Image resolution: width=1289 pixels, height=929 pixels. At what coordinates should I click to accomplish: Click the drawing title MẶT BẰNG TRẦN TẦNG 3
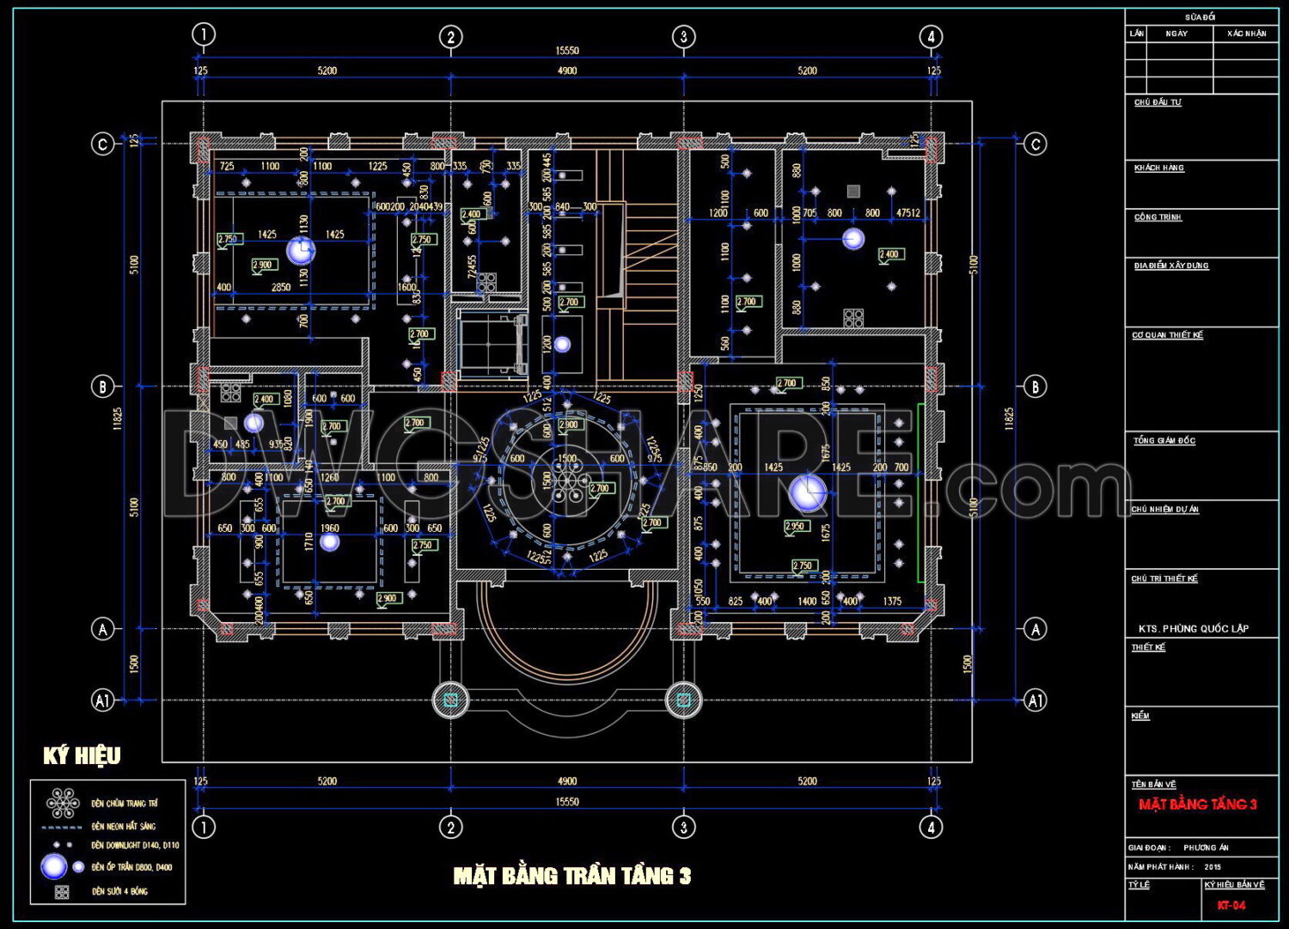571,876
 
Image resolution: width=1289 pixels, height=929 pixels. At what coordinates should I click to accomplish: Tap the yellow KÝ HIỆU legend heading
82,756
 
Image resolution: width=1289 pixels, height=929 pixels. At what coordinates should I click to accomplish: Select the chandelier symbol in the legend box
62,804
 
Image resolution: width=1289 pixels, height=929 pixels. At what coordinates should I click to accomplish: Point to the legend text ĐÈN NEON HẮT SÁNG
124,826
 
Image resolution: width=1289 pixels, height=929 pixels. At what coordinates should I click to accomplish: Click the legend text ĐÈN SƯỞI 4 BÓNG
119,891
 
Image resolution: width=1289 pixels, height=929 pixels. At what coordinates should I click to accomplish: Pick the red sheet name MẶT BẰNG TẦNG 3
1197,804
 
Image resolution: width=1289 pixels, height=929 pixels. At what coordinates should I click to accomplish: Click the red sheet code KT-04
1231,905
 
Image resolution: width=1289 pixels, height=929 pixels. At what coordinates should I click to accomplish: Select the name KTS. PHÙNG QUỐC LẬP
1193,628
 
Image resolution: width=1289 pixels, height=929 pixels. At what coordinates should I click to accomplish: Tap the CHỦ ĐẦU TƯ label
1157,102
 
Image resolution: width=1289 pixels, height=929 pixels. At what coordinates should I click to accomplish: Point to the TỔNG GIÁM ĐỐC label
1164,441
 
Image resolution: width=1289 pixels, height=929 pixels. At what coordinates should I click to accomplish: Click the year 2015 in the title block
1213,867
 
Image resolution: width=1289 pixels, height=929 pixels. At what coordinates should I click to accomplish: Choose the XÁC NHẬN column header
1246,34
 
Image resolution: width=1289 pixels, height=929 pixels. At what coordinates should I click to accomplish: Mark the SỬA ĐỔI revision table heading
1200,17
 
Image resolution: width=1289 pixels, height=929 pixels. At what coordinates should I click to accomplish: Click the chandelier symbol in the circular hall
567,486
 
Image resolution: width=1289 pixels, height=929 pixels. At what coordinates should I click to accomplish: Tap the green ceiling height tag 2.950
796,527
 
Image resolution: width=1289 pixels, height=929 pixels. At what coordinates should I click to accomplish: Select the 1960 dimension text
329,529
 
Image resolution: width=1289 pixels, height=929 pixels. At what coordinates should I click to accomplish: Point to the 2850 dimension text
281,287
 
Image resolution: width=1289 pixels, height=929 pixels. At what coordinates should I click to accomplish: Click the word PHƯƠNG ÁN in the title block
1206,847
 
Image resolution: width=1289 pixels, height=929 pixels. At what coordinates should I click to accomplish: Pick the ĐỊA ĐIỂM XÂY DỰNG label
1170,266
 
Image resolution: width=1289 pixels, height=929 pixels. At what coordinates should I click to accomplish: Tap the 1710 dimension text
309,541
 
